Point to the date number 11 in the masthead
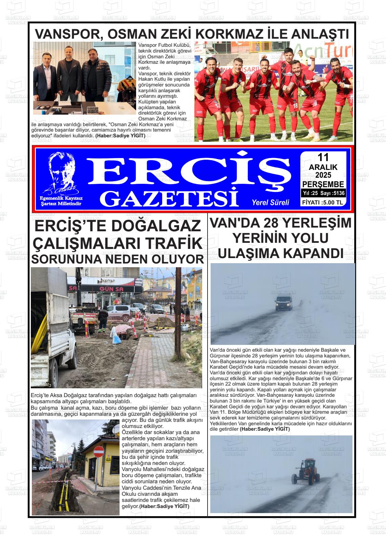pyautogui.click(x=323, y=157)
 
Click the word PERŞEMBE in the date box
pyautogui.click(x=323, y=184)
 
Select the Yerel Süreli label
pyautogui.click(x=270, y=202)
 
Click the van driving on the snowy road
pyautogui.click(x=283, y=302)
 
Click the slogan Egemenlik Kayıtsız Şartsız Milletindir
pyautogui.click(x=61, y=201)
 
